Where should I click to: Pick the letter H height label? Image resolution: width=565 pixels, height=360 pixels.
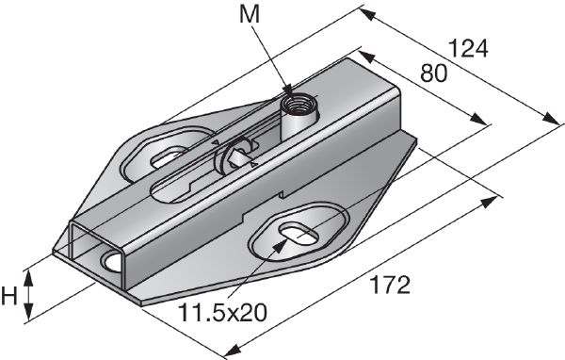[x=10, y=297]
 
